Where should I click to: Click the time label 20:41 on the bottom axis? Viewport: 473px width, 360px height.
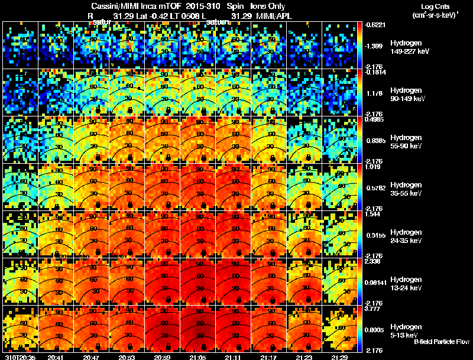[x=56, y=357]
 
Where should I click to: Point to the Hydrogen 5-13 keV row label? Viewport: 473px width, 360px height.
[x=406, y=330]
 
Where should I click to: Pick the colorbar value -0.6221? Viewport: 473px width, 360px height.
[x=374, y=24]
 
